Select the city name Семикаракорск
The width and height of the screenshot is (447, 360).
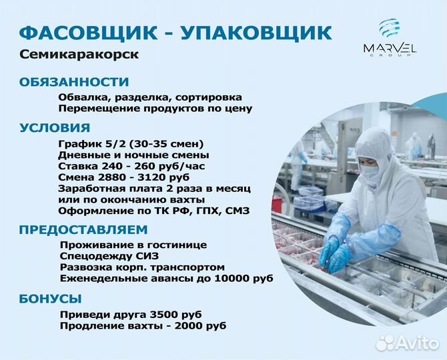pos(79,55)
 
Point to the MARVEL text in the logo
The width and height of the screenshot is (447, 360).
pos(390,48)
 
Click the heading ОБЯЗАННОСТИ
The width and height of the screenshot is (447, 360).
pos(74,82)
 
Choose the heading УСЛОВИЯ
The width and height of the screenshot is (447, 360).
pos(55,128)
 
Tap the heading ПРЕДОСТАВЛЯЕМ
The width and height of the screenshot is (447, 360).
pos(83,230)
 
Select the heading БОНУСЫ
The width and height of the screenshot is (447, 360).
pos(51,298)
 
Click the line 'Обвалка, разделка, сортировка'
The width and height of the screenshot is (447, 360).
pos(149,97)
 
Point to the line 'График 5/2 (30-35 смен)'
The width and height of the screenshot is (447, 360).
pos(131,144)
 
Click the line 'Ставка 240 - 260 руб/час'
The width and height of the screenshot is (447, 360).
pos(133,166)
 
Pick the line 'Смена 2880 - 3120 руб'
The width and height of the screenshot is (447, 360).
pos(124,177)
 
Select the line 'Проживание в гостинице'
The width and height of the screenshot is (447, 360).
pos(133,245)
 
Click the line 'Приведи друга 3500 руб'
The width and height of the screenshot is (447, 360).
pos(131,314)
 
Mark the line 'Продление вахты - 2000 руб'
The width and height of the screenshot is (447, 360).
pos(143,325)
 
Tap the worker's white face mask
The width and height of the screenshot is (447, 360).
pos(370,171)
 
